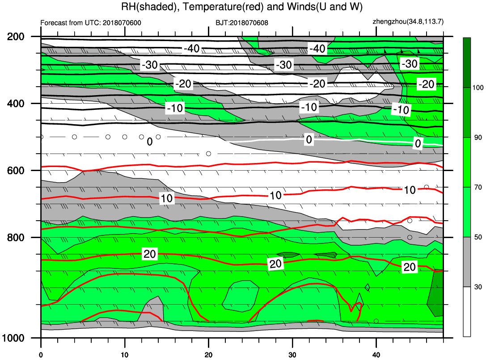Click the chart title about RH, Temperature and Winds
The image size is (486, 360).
pos(242,7)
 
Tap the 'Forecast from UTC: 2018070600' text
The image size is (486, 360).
pos(91,23)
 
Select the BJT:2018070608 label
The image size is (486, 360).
pos(242,23)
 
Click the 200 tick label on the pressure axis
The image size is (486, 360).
pos(16,37)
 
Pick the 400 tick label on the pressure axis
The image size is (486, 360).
pos(16,103)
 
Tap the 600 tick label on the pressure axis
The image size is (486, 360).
pos(16,170)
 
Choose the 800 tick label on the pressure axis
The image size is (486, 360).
pos(16,238)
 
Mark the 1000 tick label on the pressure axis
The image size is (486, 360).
pos(13,338)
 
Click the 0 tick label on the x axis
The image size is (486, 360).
pos(41,355)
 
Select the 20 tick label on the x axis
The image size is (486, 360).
pos(209,355)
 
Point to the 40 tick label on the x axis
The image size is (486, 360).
pos(376,355)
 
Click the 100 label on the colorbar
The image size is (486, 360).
pos(478,88)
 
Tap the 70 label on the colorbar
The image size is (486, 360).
pos(478,187)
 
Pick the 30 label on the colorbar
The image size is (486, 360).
pos(478,287)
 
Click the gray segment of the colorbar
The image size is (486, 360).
pos(467,262)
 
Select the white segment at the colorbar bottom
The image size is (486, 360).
pos(467,311)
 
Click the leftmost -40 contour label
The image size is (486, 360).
pos(191,49)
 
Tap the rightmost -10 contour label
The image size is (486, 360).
pos(401,109)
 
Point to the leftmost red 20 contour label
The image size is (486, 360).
pos(150,254)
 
